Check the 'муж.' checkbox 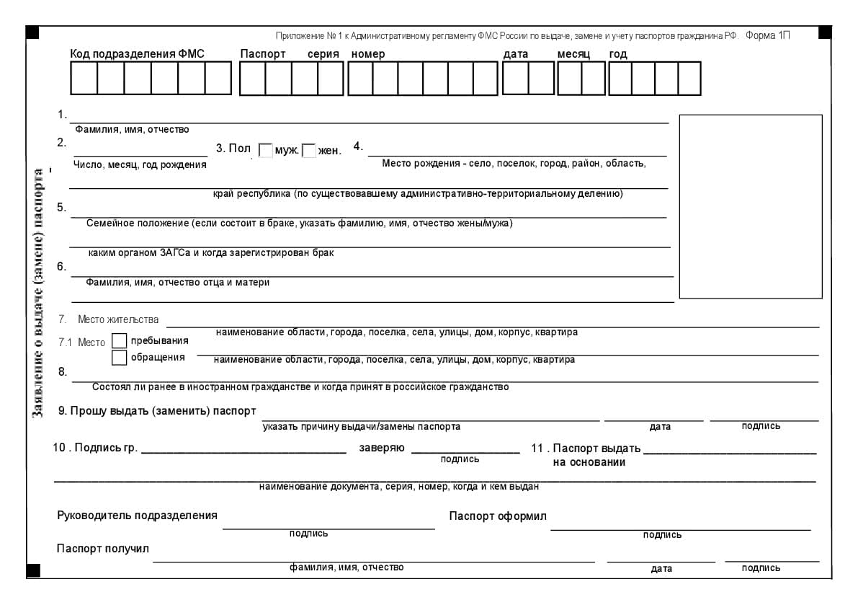pyautogui.click(x=265, y=151)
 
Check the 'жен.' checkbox pyautogui.click(x=309, y=151)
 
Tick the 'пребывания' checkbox pyautogui.click(x=120, y=340)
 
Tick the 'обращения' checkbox pyautogui.click(x=120, y=357)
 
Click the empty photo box pyautogui.click(x=750, y=206)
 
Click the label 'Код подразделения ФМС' pyautogui.click(x=137, y=54)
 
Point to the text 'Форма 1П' pyautogui.click(x=768, y=36)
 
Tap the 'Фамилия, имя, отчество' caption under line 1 pyautogui.click(x=132, y=130)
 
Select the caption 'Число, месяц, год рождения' pyautogui.click(x=140, y=165)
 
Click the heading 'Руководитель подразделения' pyautogui.click(x=137, y=516)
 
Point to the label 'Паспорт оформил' pyautogui.click(x=498, y=516)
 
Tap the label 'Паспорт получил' pyautogui.click(x=103, y=549)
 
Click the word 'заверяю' pyautogui.click(x=381, y=448)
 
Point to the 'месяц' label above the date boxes pyautogui.click(x=573, y=54)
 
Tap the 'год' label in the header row pyautogui.click(x=618, y=54)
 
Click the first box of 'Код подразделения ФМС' pyautogui.click(x=84, y=79)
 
